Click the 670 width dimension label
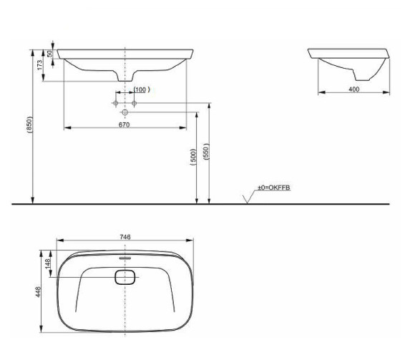pos(124,125)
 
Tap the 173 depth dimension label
pos(41,64)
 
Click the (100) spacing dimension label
pos(140,89)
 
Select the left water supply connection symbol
pos(116,104)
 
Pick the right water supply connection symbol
pos(134,104)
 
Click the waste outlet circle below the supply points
pos(125,112)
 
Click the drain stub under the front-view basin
pos(125,78)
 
